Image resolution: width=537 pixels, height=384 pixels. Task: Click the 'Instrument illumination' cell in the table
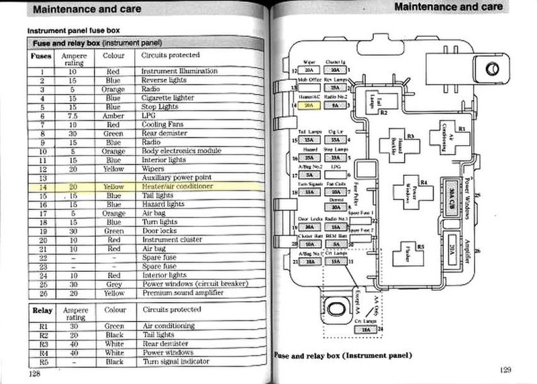[x=179, y=70]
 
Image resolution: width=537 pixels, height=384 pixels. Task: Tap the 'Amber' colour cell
[x=113, y=115]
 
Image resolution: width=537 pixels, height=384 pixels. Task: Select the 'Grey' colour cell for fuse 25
[x=113, y=284]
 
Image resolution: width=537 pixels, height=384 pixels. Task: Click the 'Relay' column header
[x=42, y=311]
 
